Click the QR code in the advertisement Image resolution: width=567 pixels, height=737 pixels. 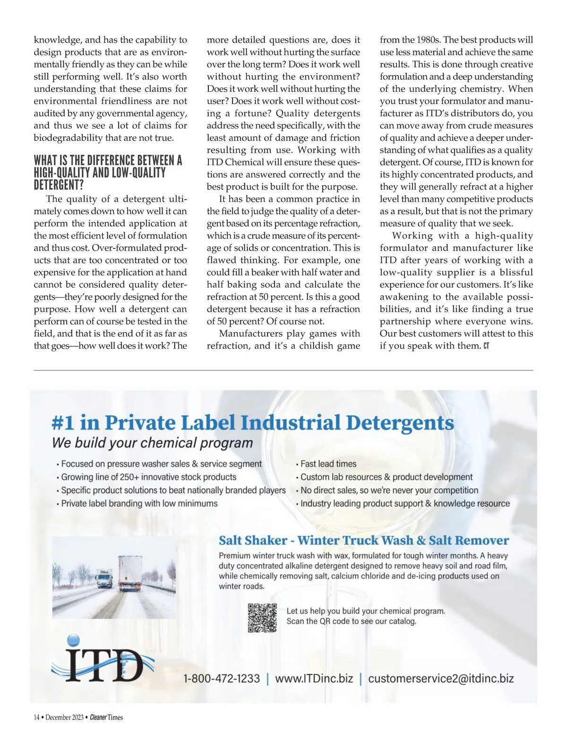pyautogui.click(x=262, y=618)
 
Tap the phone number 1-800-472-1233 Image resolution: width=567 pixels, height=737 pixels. pyautogui.click(x=222, y=679)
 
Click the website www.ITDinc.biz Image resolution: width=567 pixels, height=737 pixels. pyautogui.click(x=314, y=679)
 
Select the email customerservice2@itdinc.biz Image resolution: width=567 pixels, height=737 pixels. pyautogui.click(x=441, y=679)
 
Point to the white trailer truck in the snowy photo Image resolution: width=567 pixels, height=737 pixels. pyautogui.click(x=129, y=573)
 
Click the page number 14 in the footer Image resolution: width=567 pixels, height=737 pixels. pyautogui.click(x=36, y=717)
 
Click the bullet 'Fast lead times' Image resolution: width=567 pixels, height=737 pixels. pyautogui.click(x=328, y=464)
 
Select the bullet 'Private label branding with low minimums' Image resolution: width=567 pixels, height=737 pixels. pyautogui.click(x=139, y=503)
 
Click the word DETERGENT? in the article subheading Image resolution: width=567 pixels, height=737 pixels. pyautogui.click(x=59, y=185)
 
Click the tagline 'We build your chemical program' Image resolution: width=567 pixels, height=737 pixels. pyautogui.click(x=152, y=443)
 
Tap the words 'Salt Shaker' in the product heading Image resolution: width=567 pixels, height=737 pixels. pyautogui.click(x=253, y=540)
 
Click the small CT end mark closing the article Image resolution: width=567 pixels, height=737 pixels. pyautogui.click(x=486, y=346)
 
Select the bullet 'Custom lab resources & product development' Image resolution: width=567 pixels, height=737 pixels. pyautogui.click(x=387, y=477)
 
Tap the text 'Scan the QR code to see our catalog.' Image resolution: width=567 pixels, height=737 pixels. pyautogui.click(x=351, y=621)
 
